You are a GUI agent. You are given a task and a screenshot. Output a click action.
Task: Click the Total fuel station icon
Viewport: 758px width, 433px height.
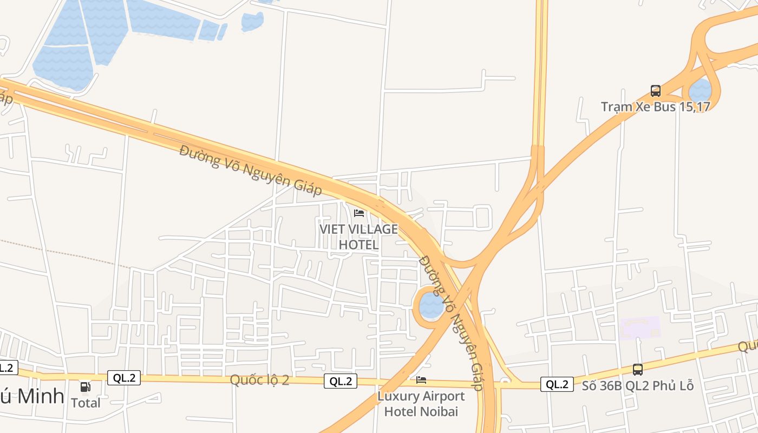click(x=86, y=387)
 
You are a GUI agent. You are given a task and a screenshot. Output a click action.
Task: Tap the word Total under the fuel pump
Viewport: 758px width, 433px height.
click(x=86, y=403)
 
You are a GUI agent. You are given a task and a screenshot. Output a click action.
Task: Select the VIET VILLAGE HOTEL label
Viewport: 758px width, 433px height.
click(x=358, y=237)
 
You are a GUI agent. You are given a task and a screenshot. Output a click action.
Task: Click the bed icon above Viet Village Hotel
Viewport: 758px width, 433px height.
click(x=358, y=213)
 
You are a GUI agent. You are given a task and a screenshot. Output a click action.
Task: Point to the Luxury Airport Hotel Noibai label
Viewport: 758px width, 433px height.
click(x=421, y=404)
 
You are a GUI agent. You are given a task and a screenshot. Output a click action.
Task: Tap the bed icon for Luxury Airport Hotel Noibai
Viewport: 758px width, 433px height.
click(x=421, y=380)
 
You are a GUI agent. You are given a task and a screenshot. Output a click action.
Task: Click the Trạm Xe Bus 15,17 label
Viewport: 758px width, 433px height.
click(x=655, y=107)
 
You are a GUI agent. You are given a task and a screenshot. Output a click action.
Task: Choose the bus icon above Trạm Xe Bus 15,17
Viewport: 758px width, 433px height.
click(x=655, y=90)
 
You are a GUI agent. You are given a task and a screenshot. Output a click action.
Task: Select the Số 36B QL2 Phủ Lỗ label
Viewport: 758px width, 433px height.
click(x=637, y=386)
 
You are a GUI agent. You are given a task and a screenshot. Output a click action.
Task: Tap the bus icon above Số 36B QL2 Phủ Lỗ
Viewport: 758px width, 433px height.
click(x=637, y=370)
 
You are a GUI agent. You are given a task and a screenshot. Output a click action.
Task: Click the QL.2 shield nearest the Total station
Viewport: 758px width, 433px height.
click(x=124, y=378)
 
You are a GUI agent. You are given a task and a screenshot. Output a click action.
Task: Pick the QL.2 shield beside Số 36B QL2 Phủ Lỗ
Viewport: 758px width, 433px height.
click(x=557, y=384)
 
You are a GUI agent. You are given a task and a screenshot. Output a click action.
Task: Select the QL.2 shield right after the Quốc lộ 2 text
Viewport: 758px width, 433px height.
click(x=341, y=381)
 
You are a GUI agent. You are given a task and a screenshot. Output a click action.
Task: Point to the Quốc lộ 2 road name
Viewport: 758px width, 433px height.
click(x=259, y=380)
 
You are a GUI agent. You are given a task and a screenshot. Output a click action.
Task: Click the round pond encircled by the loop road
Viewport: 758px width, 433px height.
click(x=432, y=306)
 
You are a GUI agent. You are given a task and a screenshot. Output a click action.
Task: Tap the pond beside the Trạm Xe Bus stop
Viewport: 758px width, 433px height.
click(x=700, y=90)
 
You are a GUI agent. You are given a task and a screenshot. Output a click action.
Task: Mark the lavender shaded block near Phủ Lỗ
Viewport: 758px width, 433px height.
click(x=640, y=328)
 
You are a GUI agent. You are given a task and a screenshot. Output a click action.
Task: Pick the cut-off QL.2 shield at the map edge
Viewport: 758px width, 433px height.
click(x=6, y=368)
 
